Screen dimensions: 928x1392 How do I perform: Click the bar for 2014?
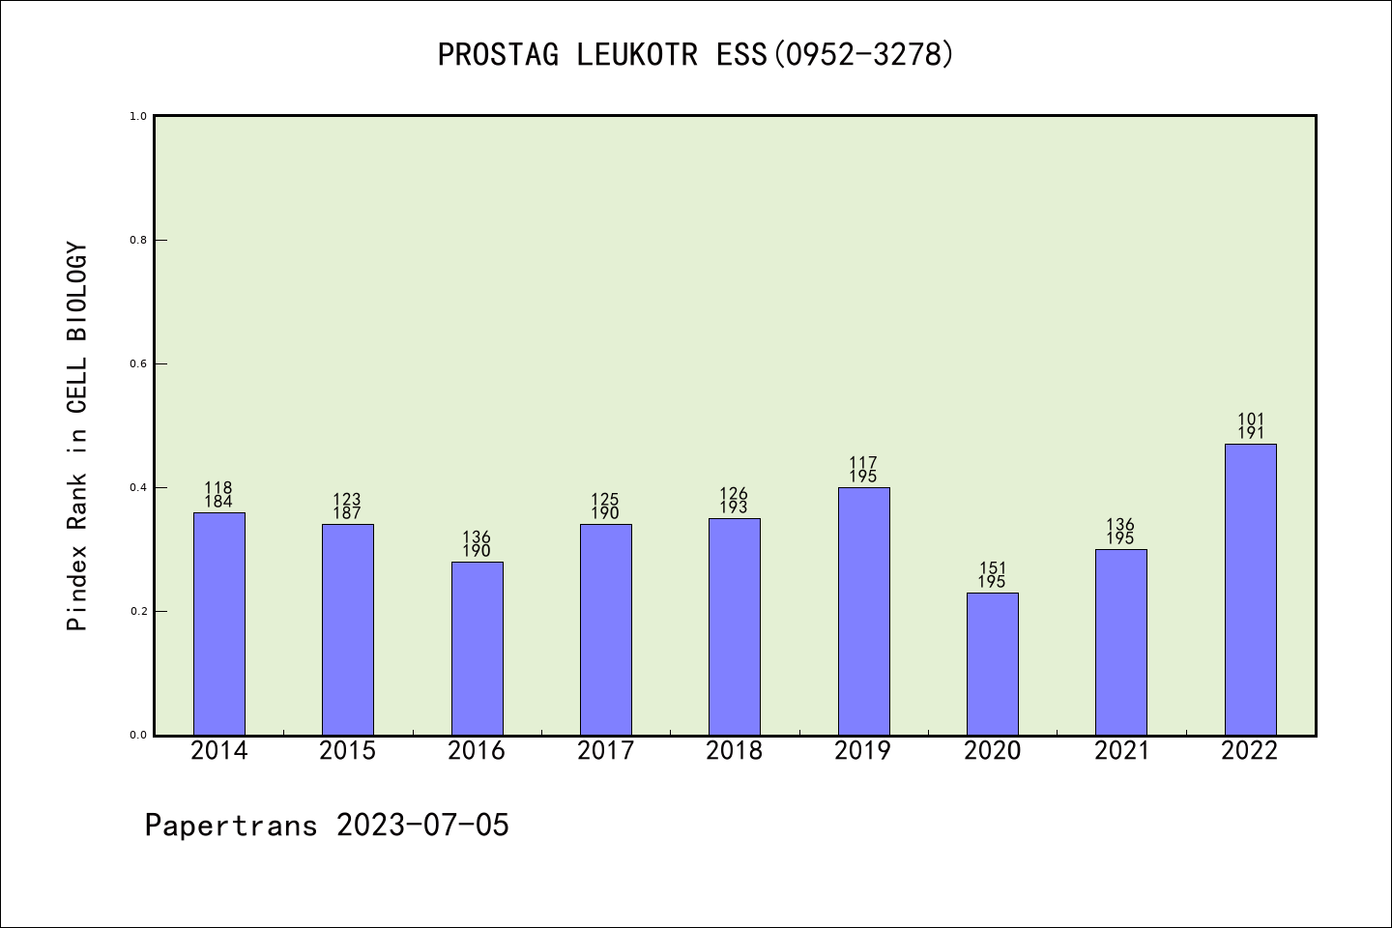tap(219, 623)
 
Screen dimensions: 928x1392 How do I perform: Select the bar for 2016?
tap(477, 648)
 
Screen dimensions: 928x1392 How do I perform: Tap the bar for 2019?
tap(863, 611)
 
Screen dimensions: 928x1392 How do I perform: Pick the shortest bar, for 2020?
tap(992, 663)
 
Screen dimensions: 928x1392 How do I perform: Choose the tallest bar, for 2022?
tap(1250, 590)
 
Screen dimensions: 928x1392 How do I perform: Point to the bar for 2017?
tap(605, 629)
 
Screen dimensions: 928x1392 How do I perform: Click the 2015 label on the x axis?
tap(348, 751)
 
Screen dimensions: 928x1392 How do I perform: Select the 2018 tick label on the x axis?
tap(734, 751)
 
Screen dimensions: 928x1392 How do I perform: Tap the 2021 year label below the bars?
tap(1121, 751)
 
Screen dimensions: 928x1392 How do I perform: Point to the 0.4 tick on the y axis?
tap(138, 488)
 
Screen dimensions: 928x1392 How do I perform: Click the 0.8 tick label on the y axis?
tap(138, 241)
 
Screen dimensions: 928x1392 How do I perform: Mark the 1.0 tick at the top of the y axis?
tap(138, 117)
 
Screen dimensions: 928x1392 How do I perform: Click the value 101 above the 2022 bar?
tap(1251, 420)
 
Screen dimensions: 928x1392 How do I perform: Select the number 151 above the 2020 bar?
tap(992, 568)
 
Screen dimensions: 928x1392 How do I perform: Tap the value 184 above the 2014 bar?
tap(218, 502)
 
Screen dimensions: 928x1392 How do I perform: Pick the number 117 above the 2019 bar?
tap(863, 463)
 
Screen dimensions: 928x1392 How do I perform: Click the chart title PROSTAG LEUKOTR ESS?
tap(696, 55)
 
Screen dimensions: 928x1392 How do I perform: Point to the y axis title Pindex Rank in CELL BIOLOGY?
tap(77, 437)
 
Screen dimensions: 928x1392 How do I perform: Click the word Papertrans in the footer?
tap(231, 826)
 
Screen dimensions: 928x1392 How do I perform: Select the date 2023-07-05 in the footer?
tap(422, 826)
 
